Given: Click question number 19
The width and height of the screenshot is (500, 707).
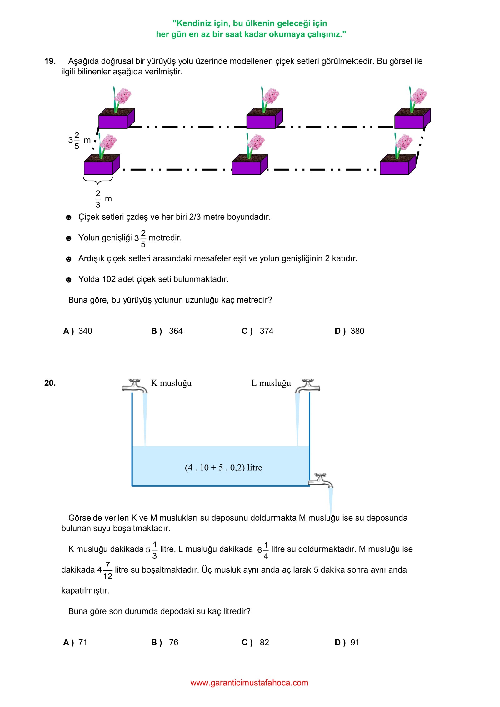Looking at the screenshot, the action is (50, 61).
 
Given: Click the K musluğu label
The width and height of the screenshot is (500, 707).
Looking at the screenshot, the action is (171, 383).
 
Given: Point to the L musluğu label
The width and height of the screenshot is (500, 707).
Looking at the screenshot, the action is (271, 383).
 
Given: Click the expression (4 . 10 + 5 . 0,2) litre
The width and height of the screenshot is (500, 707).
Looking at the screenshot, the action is (223, 468).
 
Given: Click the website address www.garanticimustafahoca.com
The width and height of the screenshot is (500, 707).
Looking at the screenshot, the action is (249, 683).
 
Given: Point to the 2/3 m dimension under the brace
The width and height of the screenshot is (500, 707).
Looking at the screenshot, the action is (103, 199).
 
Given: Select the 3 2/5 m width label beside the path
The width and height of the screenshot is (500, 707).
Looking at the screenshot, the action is (79, 140).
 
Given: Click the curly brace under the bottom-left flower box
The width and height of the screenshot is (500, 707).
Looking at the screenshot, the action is (98, 180).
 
